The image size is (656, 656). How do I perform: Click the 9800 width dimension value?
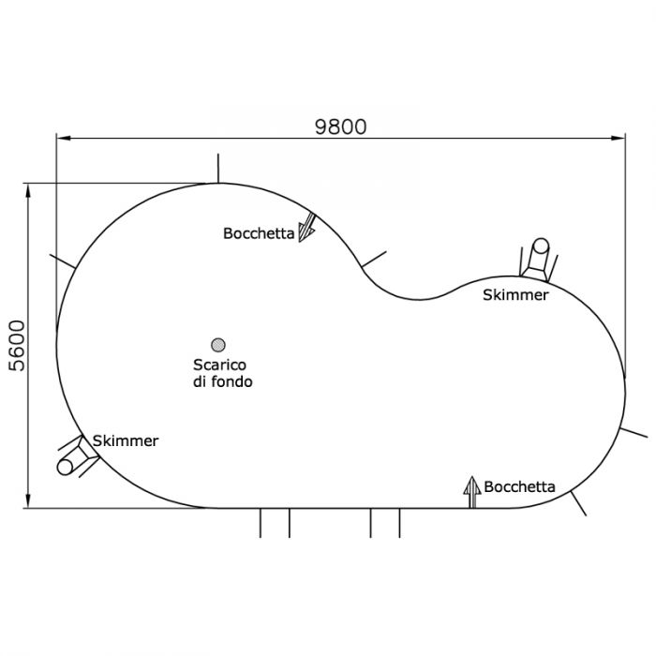pos(340,127)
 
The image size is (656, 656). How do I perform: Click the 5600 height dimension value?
pos(17,346)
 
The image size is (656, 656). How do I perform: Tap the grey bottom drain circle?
pos(218,345)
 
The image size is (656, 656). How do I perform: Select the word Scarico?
pos(219,365)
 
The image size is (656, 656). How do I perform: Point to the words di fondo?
pos(223,381)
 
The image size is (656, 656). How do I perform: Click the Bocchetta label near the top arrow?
pos(259,233)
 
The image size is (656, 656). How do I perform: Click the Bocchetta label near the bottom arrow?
pos(519,486)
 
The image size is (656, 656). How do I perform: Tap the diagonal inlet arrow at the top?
pos(307,228)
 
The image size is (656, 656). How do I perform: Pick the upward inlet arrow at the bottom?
pos(472,492)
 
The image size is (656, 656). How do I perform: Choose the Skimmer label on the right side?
pos(515,295)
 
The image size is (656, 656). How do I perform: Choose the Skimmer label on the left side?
pos(126,441)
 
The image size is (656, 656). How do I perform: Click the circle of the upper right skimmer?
pos(541,246)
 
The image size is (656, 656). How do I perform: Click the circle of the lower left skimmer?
pos(66,467)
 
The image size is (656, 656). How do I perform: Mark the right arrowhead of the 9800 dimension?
pos(619,138)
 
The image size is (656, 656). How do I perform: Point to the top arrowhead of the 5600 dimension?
pos(28,191)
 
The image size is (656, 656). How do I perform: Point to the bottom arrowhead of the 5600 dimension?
pos(28,500)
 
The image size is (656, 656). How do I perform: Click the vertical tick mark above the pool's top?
pos(218,169)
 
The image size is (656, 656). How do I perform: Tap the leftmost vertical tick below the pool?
pos(261,523)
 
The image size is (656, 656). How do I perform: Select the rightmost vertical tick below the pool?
pos(399,523)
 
